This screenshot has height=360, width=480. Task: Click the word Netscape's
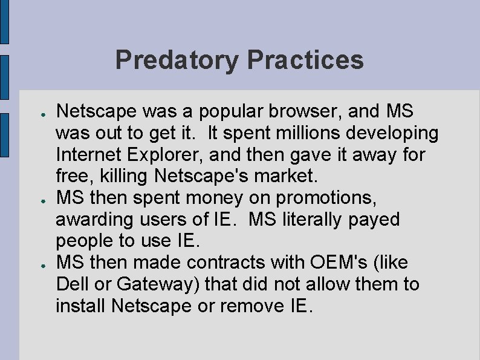click(206, 176)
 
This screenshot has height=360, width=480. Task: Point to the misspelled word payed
click(374, 219)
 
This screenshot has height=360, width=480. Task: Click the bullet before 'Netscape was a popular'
click(37, 113)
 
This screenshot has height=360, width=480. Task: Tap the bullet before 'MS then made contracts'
click(37, 264)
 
